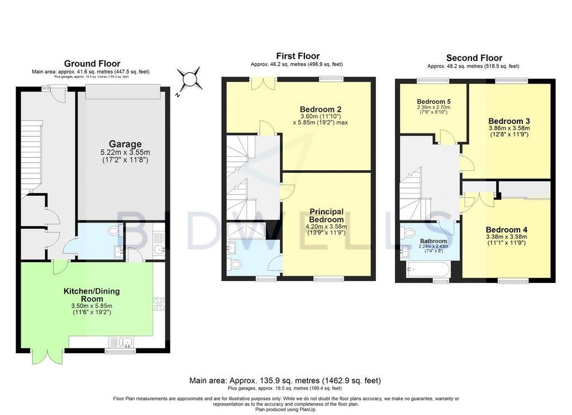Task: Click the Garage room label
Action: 125,144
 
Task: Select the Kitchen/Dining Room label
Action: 92,295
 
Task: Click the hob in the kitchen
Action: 159,304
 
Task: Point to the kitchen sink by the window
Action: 121,342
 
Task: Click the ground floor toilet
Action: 116,230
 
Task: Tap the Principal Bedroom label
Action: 326,215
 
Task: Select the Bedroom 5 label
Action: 431,102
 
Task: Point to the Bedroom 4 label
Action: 506,230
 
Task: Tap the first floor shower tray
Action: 246,230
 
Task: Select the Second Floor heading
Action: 474,58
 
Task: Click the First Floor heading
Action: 298,56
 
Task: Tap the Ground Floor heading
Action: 92,64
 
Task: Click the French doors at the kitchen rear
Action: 48,356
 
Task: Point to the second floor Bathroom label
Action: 433,241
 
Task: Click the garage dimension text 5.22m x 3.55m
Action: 125,152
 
